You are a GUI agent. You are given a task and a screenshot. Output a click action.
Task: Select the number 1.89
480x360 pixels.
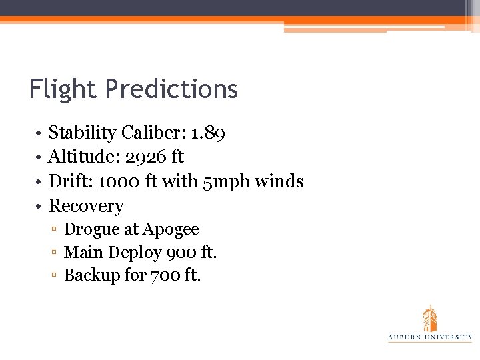[208, 133]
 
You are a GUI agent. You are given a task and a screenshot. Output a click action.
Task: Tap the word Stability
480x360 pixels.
[82, 133]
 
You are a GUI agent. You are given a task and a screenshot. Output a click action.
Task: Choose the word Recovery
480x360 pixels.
[86, 206]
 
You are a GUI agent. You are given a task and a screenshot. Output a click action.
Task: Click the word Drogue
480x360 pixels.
[91, 230]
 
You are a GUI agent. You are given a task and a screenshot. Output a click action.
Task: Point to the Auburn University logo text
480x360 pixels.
[430, 337]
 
